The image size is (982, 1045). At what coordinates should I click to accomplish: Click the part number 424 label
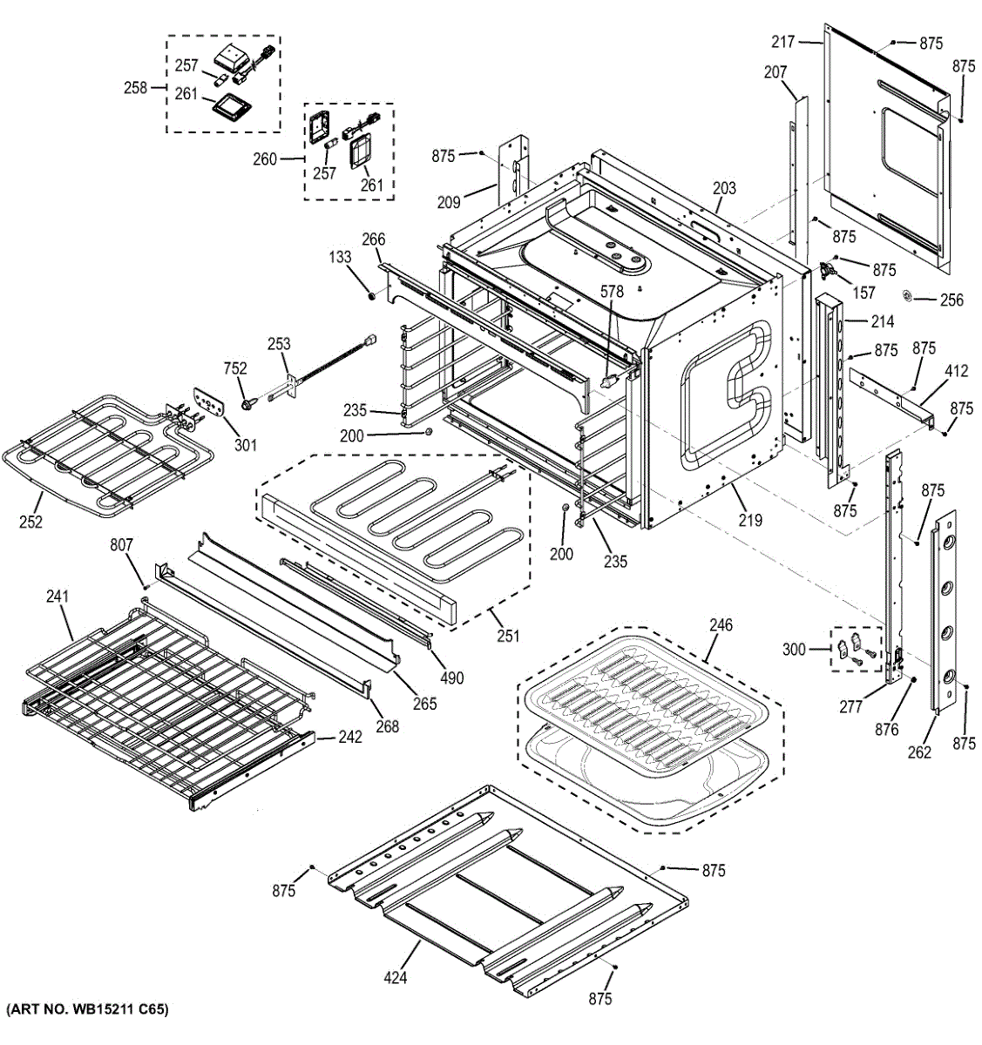coord(396,978)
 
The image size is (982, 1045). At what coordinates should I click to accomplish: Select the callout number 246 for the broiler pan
coord(721,625)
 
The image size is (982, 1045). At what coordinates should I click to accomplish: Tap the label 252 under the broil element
coord(30,522)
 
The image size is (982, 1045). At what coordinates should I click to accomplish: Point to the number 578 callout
coord(612,293)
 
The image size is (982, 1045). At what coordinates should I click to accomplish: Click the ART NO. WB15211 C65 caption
coord(86,1010)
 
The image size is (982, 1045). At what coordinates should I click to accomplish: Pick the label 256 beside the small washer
coord(952,300)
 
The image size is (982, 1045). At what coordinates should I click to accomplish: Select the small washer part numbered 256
coord(907,297)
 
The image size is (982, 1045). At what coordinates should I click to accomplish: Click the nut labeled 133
coord(371,297)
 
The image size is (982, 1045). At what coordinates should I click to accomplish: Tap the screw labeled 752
coord(248,403)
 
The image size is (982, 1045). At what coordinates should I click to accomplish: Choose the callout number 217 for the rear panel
coord(783,41)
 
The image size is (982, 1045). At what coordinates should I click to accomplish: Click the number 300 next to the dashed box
coord(794,649)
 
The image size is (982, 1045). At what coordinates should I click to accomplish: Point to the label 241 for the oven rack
coord(57,597)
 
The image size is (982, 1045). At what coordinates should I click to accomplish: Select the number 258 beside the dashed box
coord(136,87)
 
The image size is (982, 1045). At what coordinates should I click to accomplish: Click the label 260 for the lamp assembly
coord(265,159)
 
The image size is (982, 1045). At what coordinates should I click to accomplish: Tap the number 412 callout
coord(956,372)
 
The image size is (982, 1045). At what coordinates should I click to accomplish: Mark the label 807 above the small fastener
coord(121,546)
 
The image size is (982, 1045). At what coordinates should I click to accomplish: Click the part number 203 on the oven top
coord(724,188)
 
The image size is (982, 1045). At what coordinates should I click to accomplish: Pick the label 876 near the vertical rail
coord(886,730)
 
